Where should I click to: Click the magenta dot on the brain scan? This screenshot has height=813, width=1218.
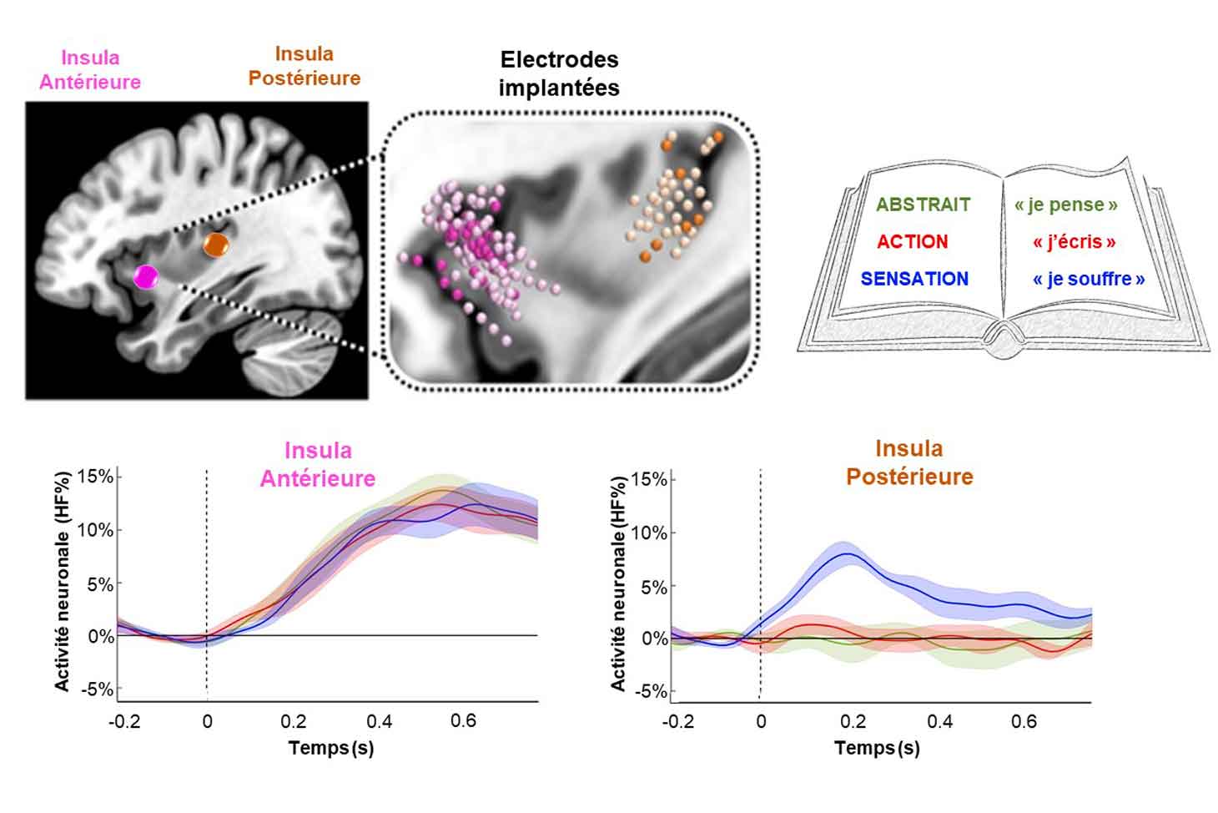(x=147, y=276)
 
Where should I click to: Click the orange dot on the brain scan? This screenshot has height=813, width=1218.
(x=216, y=244)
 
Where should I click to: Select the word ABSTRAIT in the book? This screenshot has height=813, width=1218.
(x=923, y=205)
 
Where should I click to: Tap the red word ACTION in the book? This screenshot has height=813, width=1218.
(x=912, y=242)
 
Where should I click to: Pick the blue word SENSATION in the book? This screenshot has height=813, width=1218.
(x=914, y=279)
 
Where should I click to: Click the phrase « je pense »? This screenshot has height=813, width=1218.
(x=1065, y=205)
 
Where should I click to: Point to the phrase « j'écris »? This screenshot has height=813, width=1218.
(x=1074, y=242)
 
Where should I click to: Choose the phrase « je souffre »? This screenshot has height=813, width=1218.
(x=1088, y=279)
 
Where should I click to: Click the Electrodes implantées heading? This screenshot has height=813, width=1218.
(x=559, y=73)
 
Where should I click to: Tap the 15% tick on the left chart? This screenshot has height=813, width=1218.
(x=95, y=477)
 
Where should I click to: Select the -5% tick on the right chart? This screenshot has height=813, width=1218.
(x=650, y=691)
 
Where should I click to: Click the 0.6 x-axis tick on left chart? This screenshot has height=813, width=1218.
(x=463, y=720)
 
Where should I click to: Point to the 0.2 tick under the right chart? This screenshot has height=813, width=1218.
(x=853, y=721)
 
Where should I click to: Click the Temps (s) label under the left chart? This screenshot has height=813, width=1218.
(x=331, y=747)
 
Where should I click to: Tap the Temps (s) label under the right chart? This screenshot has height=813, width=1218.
(x=877, y=747)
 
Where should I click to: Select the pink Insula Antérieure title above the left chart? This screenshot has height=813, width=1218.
(x=318, y=464)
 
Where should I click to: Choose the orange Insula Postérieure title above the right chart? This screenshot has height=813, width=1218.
(x=909, y=462)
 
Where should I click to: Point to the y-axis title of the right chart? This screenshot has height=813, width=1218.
(x=618, y=584)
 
